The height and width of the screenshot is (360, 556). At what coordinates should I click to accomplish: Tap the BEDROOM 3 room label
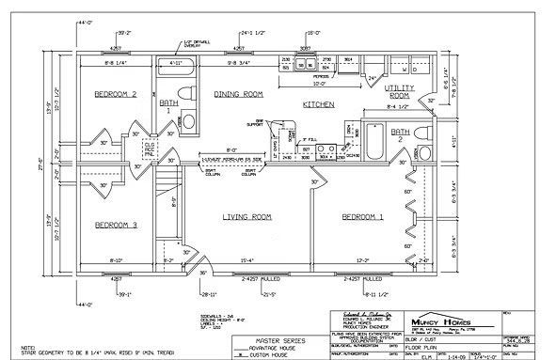[117, 225]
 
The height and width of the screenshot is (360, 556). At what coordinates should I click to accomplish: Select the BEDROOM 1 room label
[361, 217]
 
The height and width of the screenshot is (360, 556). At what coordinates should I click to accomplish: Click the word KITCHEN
[319, 106]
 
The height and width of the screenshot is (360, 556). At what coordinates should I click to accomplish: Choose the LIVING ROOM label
[246, 217]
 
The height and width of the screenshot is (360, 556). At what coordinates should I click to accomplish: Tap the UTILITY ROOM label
[399, 91]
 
